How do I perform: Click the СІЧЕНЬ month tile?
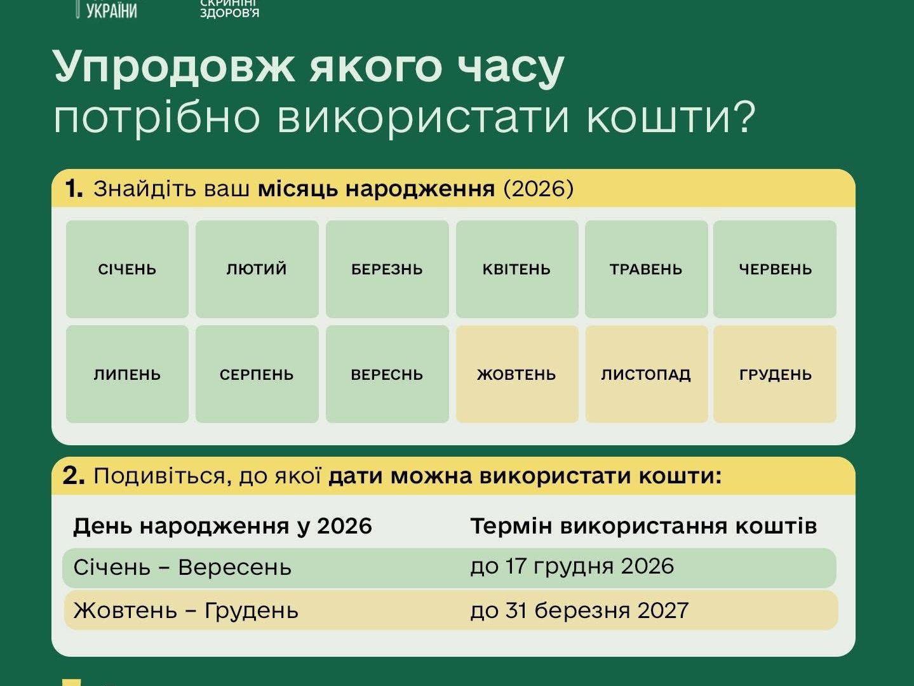(x=127, y=269)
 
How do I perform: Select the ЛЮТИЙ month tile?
(x=257, y=269)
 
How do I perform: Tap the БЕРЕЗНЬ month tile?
(x=387, y=269)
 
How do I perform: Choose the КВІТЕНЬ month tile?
(x=517, y=269)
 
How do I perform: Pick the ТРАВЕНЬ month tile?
(x=646, y=269)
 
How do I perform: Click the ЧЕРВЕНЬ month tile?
(x=775, y=269)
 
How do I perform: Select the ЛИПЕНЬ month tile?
(x=127, y=374)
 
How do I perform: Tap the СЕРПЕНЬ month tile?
(x=257, y=374)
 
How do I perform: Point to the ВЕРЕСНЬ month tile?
(x=387, y=374)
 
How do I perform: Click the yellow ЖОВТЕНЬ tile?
(x=517, y=374)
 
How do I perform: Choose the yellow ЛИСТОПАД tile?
(x=646, y=374)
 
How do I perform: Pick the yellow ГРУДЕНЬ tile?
(x=775, y=374)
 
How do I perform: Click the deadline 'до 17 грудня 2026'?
(x=572, y=567)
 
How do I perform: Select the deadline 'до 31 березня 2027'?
(x=579, y=611)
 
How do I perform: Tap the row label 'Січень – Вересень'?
(x=182, y=567)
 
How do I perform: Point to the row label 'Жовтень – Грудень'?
(x=186, y=611)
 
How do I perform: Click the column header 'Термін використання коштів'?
(x=644, y=526)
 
